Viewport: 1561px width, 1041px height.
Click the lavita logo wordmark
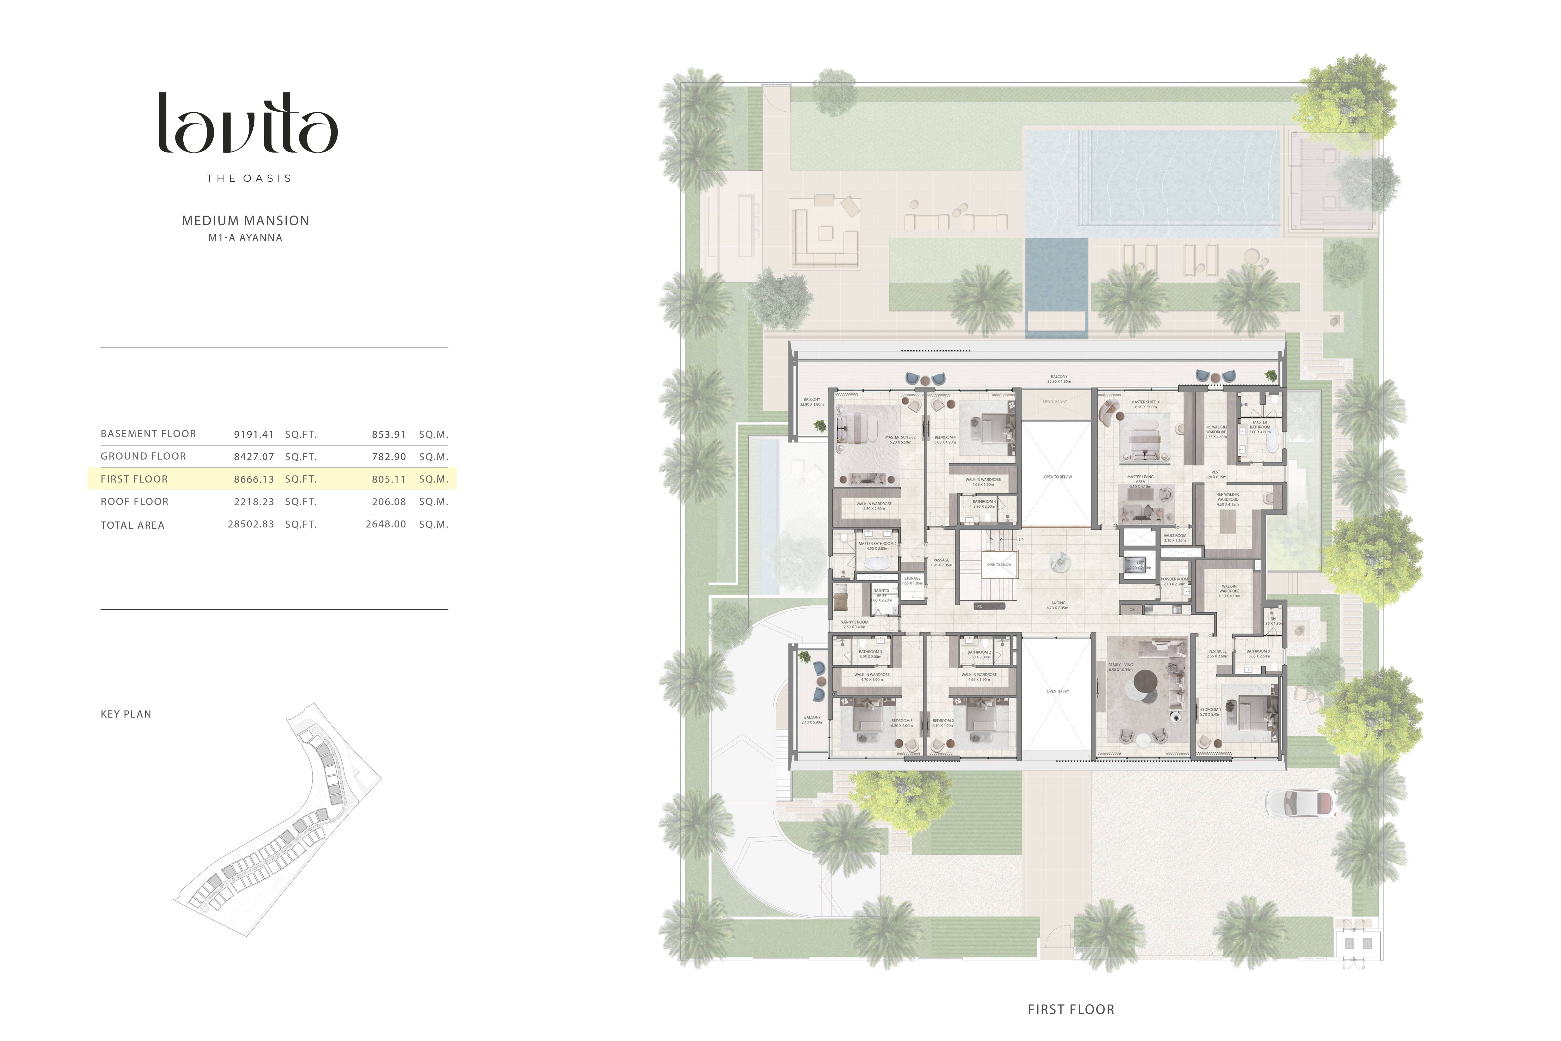[248, 123]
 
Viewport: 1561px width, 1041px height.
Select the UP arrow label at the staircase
[1021, 540]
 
